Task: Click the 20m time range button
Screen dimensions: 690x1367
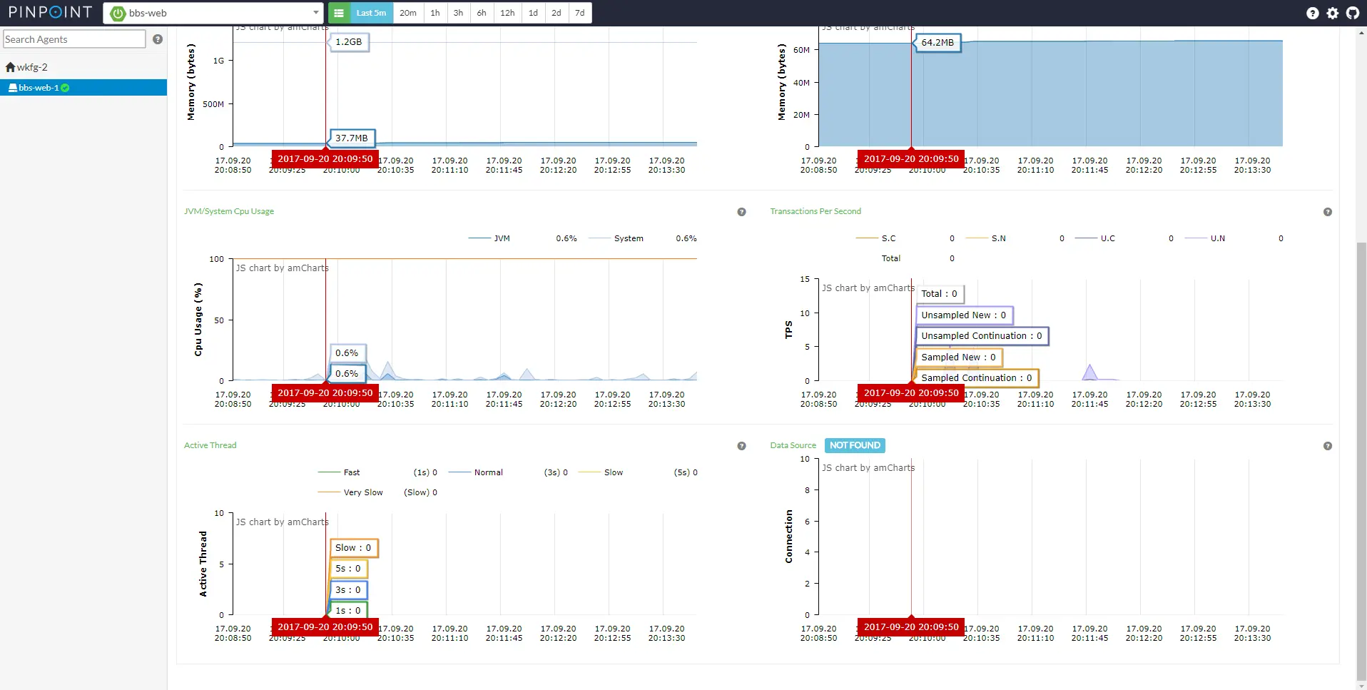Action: (x=408, y=13)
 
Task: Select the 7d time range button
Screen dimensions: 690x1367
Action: (x=580, y=13)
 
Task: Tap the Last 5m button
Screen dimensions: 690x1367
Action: (x=371, y=13)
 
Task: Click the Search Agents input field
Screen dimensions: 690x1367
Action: (x=74, y=39)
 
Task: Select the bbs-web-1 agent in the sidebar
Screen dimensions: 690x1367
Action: (x=39, y=88)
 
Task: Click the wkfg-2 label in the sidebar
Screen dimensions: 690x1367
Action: (x=31, y=67)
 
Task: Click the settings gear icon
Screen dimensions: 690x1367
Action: (x=1332, y=13)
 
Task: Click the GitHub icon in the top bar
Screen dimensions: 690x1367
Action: (x=1352, y=13)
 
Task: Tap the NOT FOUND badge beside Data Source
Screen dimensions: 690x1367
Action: (x=855, y=445)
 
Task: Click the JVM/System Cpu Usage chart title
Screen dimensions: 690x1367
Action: (x=229, y=211)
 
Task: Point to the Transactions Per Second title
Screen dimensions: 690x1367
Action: (x=815, y=211)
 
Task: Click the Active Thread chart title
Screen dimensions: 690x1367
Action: (x=210, y=445)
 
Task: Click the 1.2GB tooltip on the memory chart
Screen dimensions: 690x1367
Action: (x=348, y=42)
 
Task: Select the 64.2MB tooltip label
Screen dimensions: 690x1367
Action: (x=937, y=43)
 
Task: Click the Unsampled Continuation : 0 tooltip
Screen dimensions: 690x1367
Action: (x=981, y=336)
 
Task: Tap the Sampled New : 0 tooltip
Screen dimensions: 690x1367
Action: (x=958, y=357)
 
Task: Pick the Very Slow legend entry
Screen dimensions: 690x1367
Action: (x=363, y=492)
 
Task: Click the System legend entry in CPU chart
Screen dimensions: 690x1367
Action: (x=629, y=238)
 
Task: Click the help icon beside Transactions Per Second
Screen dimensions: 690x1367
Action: (x=1327, y=212)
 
